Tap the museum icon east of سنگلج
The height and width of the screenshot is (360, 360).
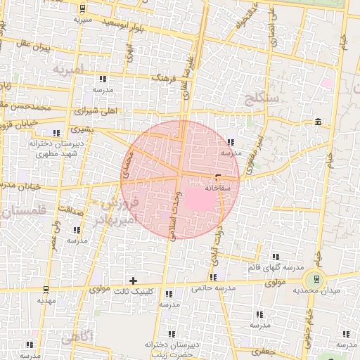point(319,122)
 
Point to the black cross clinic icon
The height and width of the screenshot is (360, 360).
point(133,281)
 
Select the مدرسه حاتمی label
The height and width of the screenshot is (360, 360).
point(211,288)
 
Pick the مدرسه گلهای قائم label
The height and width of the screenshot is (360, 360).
point(276,269)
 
